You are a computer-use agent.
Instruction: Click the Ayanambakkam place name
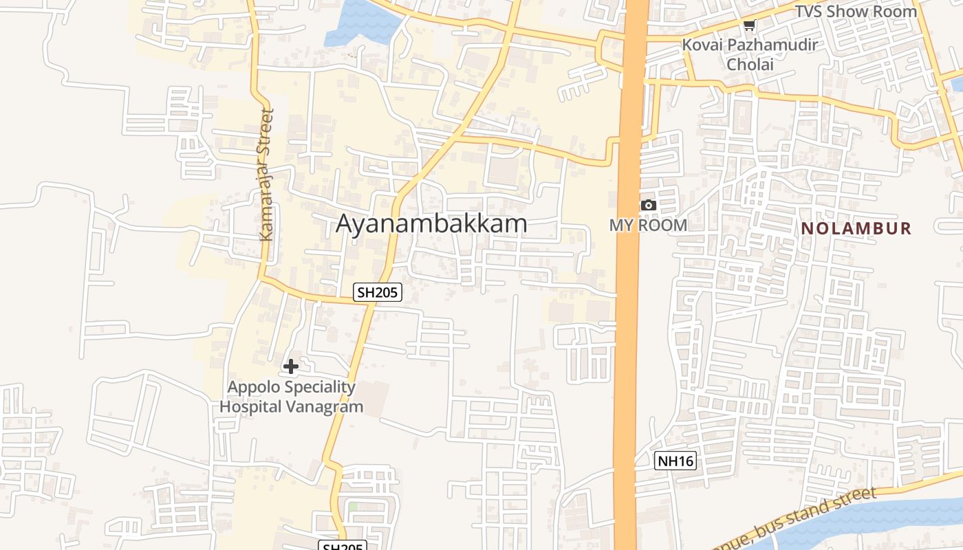point(431,223)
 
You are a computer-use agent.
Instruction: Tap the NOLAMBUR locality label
point(856,229)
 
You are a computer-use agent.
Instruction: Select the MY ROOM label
point(648,225)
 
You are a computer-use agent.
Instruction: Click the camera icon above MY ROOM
point(648,205)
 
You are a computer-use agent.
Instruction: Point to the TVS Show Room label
point(856,12)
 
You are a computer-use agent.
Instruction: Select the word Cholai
point(750,65)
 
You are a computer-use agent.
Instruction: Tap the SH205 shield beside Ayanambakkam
point(377,292)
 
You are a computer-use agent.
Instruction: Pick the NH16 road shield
point(675,461)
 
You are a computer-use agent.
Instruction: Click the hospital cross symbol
point(291,366)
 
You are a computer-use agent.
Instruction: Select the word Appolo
point(254,387)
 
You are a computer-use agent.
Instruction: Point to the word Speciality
point(320,387)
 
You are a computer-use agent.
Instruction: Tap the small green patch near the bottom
point(353,507)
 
